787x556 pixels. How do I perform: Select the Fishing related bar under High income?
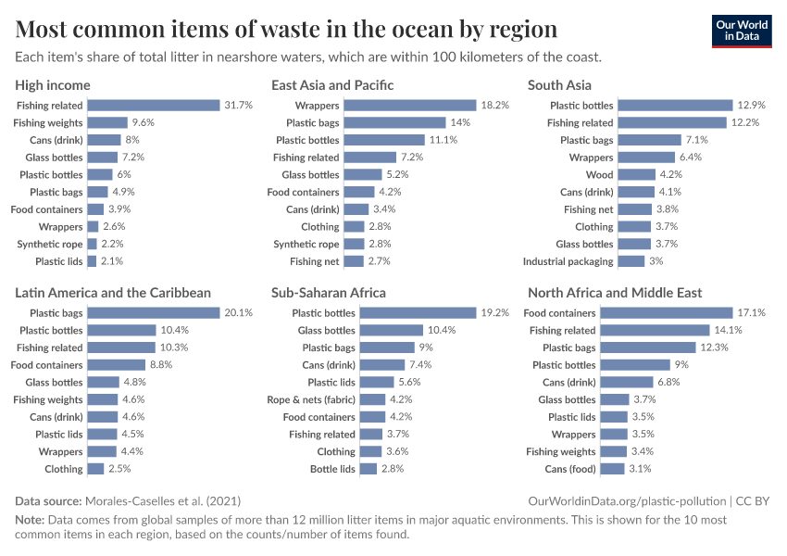click(153, 106)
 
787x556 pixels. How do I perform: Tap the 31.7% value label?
click(238, 106)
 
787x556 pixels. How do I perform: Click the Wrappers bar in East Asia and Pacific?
click(409, 106)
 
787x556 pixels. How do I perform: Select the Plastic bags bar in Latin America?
click(153, 313)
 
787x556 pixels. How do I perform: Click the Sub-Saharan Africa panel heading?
click(329, 293)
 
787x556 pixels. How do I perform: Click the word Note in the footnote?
click(29, 520)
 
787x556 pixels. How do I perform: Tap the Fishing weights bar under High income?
click(107, 123)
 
